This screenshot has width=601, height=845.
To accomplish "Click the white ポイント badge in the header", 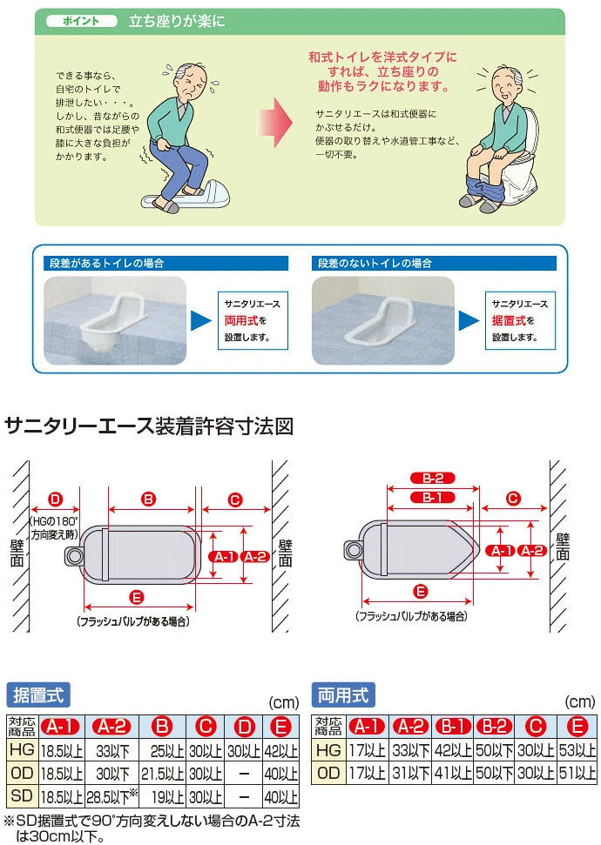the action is [82, 21].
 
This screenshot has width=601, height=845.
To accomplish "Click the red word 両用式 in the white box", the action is [241, 320].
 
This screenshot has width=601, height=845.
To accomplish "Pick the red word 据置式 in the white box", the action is [508, 320].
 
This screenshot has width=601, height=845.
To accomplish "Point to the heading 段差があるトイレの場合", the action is [106, 263].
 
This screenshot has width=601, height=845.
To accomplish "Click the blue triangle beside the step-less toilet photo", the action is [469, 320].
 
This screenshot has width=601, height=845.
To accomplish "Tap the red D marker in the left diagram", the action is [56, 499].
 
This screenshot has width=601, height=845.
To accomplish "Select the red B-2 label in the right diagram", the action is [432, 478].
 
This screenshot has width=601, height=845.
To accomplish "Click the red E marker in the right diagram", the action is [421, 592].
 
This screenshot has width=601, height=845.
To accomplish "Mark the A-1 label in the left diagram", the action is [223, 556].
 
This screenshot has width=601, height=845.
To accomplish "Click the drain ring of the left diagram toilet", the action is [74, 555].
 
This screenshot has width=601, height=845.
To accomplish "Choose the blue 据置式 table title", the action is [38, 695].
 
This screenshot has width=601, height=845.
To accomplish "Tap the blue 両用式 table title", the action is [343, 695].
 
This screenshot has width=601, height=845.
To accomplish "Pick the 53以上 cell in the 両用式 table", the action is [577, 749].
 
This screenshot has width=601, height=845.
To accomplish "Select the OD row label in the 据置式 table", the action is [22, 774].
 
